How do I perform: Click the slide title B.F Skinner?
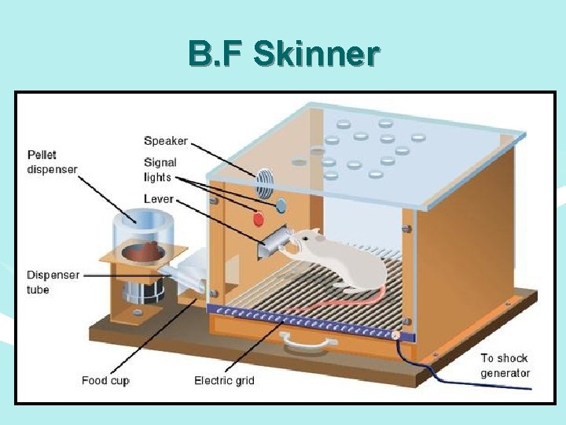pos(284,54)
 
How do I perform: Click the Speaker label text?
pos(166,141)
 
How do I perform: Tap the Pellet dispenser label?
pos(53,161)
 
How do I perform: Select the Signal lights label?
pos(160,170)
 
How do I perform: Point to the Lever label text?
pos(158,199)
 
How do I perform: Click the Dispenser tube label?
pos(53,283)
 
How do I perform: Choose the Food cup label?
pos(105,381)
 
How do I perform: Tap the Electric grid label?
pos(224,381)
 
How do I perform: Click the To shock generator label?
pos(505,366)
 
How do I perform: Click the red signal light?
pos(256,218)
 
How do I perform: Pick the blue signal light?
pos(281,205)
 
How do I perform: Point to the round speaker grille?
pos(265,183)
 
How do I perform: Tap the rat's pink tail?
pos(338,302)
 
